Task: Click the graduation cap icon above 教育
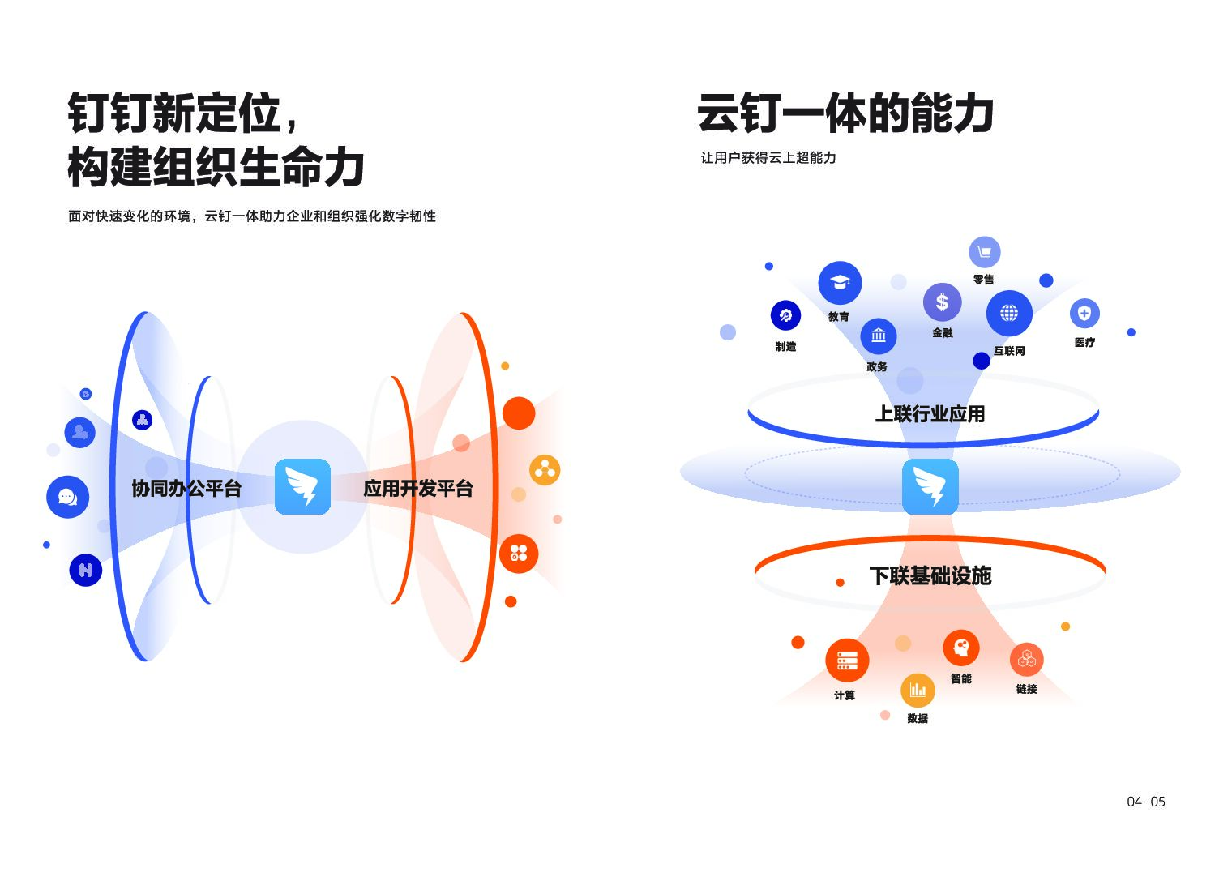click(840, 283)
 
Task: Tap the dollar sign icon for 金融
click(942, 302)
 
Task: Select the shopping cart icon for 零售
click(984, 252)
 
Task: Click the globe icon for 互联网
click(1009, 313)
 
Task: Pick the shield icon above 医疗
click(1084, 313)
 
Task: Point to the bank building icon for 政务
click(879, 335)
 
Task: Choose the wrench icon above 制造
click(785, 315)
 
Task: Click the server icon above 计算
click(847, 661)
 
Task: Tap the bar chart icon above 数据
click(918, 690)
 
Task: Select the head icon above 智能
click(961, 648)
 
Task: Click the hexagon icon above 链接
click(1026, 659)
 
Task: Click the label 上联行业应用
click(930, 414)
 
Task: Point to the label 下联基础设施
click(930, 576)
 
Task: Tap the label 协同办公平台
click(186, 489)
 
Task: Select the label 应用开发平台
click(417, 489)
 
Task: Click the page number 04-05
click(1145, 802)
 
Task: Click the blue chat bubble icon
click(68, 497)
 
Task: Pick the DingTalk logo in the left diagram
click(302, 487)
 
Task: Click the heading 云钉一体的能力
click(845, 113)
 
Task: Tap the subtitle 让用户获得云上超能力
click(768, 158)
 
